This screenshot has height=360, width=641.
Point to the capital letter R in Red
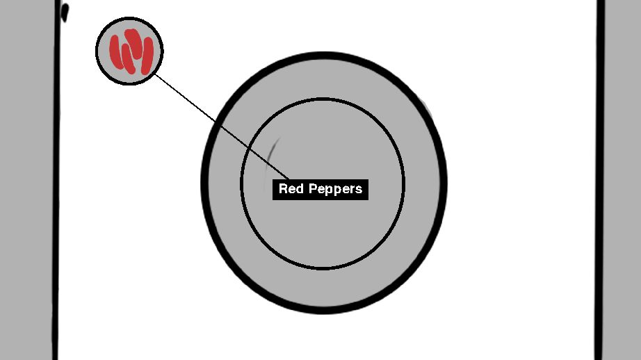[x=283, y=189]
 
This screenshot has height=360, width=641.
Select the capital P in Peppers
[x=307, y=189]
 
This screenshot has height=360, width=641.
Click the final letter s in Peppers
[x=359, y=190]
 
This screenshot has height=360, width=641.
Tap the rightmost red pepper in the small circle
[x=147, y=56]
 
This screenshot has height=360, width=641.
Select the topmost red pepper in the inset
[x=132, y=38]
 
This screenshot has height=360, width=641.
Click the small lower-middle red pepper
[x=128, y=60]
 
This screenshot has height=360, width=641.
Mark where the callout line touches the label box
[x=289, y=179]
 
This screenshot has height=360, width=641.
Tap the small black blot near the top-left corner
[x=65, y=13]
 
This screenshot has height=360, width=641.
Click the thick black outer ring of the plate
[x=204, y=182]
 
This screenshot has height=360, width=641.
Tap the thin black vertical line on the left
[x=56, y=208]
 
